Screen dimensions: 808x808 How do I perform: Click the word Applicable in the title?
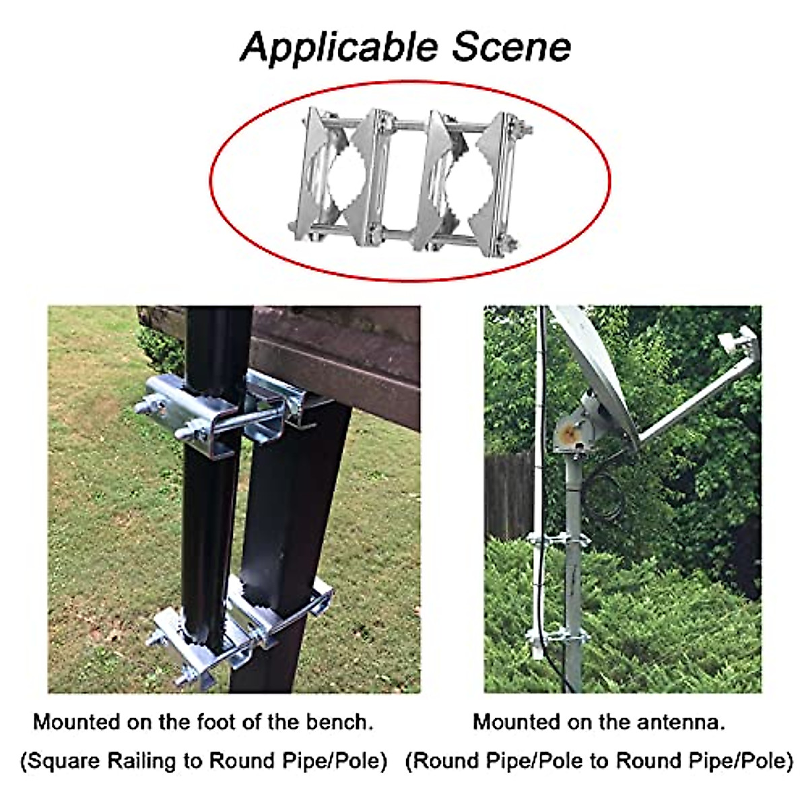coord(339,47)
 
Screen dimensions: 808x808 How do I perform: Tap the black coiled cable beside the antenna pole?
coord(609,495)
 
